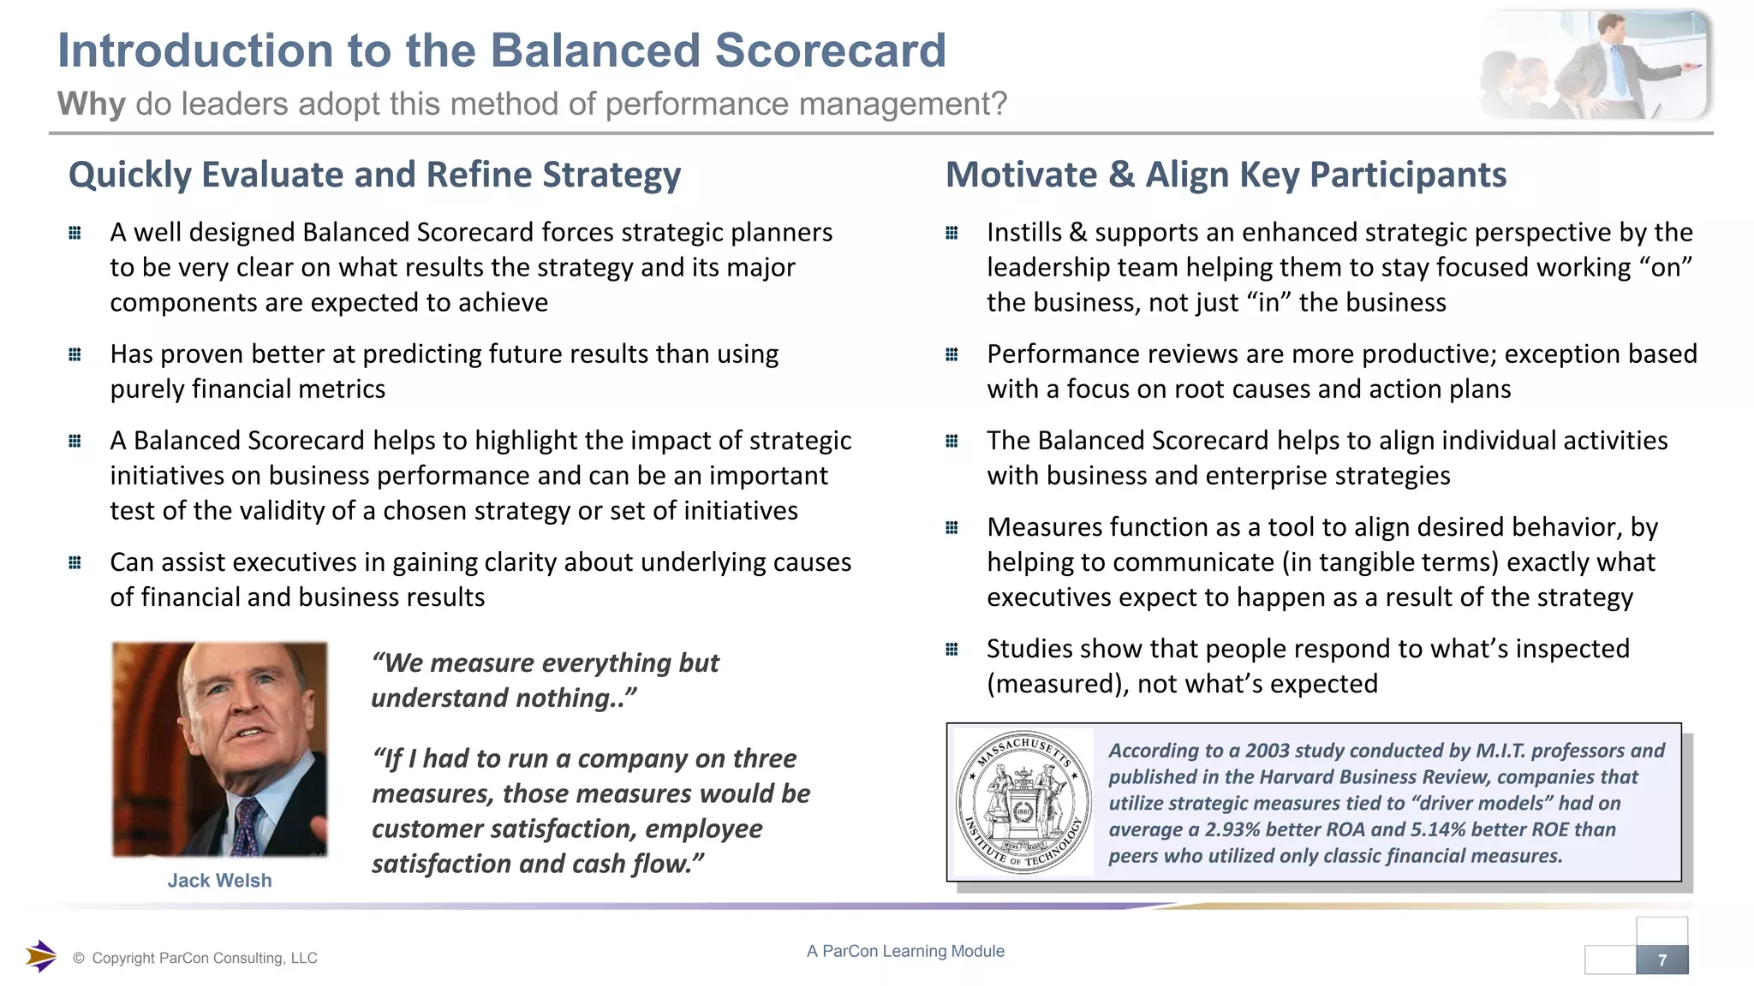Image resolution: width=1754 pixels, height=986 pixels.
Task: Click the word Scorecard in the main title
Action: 830,50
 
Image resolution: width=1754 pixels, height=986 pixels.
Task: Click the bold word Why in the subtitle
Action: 92,104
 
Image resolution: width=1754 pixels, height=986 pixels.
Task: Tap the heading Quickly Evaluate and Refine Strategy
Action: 374,175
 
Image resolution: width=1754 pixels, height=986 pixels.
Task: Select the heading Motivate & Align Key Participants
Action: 1226,175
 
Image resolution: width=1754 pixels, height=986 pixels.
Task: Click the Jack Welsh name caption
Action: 219,881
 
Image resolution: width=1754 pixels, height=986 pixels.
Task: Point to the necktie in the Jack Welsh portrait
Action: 248,827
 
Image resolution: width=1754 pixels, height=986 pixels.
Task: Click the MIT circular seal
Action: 1023,802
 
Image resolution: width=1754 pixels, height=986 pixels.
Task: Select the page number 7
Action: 1662,960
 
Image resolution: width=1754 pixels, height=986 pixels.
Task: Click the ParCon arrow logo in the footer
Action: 40,956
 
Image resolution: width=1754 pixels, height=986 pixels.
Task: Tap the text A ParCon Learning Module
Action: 905,951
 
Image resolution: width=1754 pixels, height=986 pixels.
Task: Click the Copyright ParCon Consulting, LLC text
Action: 204,959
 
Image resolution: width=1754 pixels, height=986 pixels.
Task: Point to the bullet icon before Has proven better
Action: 75,354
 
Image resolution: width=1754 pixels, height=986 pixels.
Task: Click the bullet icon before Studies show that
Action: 952,650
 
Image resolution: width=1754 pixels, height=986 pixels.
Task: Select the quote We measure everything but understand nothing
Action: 546,680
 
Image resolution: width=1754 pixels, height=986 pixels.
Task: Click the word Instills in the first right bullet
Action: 1023,233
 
